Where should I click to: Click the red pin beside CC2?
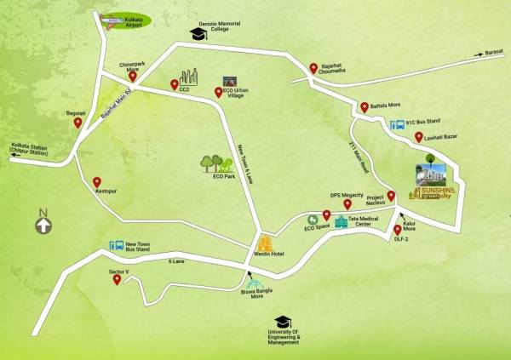174,85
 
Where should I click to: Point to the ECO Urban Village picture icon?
228,81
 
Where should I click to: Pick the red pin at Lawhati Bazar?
418,137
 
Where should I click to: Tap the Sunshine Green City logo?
434,183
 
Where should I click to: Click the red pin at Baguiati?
78,123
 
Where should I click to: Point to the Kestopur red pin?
97,182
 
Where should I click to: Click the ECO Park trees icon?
211,162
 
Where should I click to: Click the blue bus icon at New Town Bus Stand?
116,246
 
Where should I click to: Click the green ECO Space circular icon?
311,220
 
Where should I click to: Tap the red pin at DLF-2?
398,230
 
